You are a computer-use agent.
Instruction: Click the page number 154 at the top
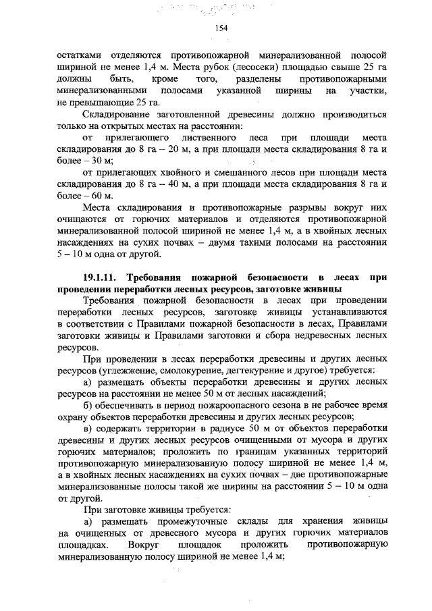pos(220,28)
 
